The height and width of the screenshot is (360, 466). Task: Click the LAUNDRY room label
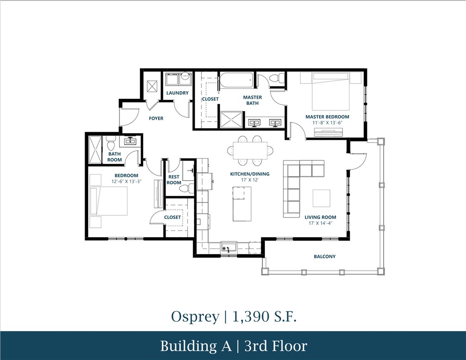[178, 93]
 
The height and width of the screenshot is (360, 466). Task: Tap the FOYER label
[156, 118]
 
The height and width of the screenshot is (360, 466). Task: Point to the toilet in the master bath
[276, 79]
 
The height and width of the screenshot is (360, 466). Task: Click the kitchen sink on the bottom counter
[228, 248]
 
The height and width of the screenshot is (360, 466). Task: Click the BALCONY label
[325, 256]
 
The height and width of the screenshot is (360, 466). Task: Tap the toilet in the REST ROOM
[185, 188]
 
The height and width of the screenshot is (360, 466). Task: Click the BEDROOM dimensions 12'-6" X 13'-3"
[126, 182]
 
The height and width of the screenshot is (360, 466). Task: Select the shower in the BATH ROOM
[94, 149]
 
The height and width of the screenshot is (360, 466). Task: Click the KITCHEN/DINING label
[250, 174]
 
